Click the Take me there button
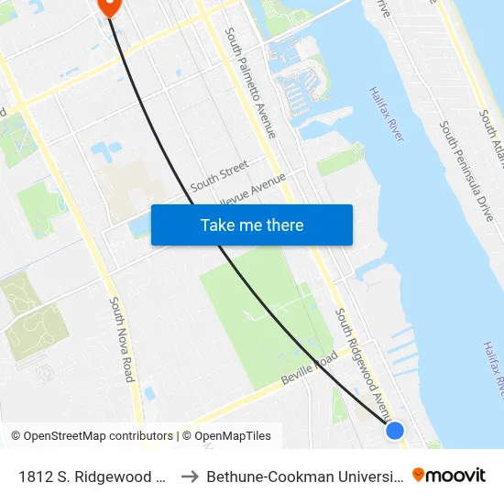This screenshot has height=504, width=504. click(x=252, y=225)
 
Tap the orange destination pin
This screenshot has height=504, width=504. click(x=108, y=5)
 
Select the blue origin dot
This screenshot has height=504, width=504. click(x=395, y=430)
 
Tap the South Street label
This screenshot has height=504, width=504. click(x=219, y=176)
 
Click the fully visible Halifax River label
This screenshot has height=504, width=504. click(x=386, y=114)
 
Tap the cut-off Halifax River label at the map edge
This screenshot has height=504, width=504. click(x=492, y=370)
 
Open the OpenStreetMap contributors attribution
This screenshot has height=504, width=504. click(x=92, y=436)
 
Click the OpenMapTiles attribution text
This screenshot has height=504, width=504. click(x=226, y=436)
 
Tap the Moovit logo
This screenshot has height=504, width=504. click(x=449, y=476)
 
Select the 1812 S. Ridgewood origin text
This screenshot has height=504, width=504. click(x=92, y=477)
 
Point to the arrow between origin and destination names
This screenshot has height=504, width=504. click(x=191, y=477)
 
